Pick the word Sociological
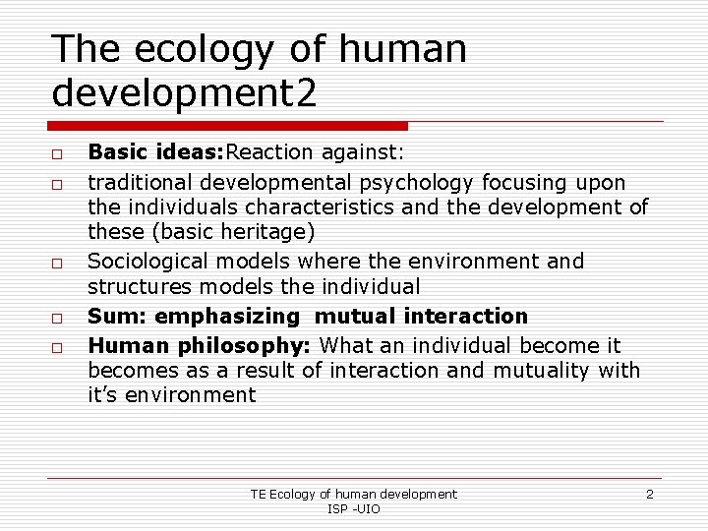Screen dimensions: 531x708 click(x=147, y=262)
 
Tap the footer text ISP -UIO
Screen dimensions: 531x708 click(x=353, y=508)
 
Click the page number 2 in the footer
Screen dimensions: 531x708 click(x=649, y=494)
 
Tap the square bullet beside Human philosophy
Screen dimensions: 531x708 click(x=58, y=347)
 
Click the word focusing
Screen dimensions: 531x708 click(x=530, y=181)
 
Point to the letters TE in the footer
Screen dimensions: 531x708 click(x=258, y=494)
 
